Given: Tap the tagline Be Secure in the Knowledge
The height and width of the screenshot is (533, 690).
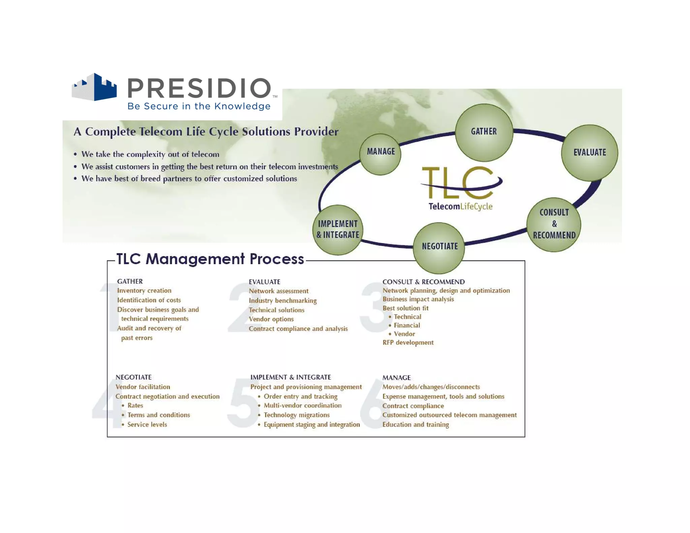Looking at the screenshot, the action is [199, 106].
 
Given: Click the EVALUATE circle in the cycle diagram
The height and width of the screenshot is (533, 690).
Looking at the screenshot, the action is [589, 153].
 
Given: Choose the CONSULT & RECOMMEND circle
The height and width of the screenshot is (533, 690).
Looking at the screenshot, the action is [554, 224].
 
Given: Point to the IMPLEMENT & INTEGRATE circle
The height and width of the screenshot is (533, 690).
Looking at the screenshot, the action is [338, 229].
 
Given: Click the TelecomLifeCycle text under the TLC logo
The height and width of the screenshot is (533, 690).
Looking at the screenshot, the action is [460, 207].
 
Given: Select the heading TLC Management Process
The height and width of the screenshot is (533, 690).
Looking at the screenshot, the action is [210, 259].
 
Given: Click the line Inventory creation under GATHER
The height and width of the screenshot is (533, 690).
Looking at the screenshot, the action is [144, 290].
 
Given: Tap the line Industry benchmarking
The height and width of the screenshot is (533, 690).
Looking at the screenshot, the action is [283, 301].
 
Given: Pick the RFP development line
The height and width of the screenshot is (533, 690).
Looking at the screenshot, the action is [408, 343].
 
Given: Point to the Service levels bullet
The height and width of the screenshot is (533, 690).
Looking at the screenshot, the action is [147, 425].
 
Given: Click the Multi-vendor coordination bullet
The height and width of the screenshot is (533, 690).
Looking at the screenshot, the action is [302, 406].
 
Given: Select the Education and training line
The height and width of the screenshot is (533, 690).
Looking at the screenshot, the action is [415, 425].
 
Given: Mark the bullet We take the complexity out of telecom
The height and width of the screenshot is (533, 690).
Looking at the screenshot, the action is [150, 154].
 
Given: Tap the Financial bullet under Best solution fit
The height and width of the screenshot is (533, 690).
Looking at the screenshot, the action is [407, 325].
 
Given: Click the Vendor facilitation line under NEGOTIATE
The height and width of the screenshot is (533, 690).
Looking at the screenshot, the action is [143, 387].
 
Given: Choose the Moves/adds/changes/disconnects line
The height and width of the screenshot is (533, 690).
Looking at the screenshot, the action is [431, 387].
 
